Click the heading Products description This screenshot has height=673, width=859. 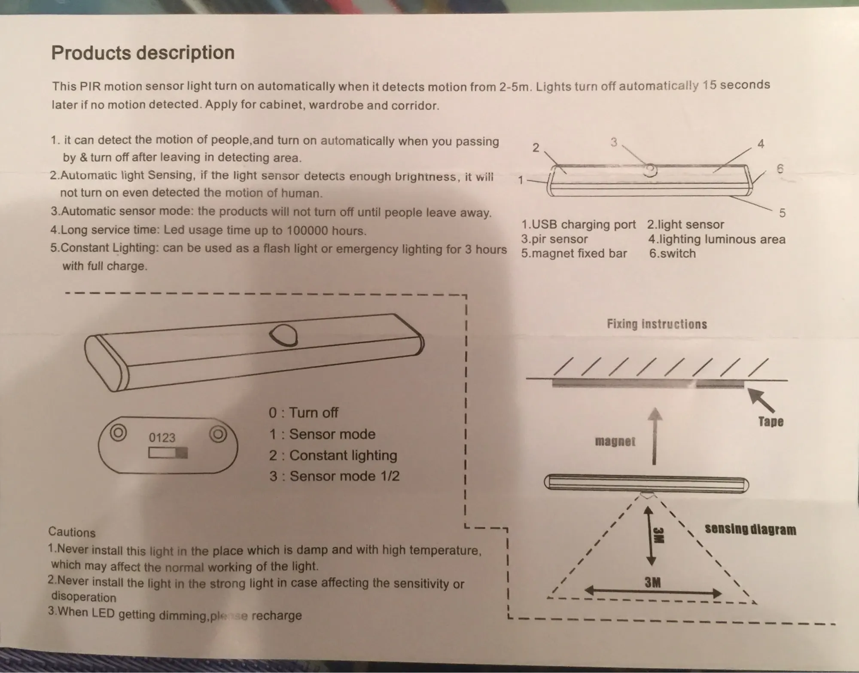[x=143, y=53]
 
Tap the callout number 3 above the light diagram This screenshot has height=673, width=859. [x=613, y=142]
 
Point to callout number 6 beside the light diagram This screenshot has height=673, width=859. [x=780, y=169]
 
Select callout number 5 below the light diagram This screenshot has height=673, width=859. [x=782, y=213]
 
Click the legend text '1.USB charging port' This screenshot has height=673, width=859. [x=578, y=225]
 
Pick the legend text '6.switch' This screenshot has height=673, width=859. [x=672, y=253]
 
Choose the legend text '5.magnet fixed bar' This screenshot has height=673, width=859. [x=574, y=253]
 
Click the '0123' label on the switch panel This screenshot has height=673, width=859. [x=162, y=438]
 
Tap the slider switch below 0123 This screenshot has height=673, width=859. [x=168, y=453]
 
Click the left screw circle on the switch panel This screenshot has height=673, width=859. [x=118, y=432]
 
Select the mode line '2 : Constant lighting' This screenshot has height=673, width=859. [x=333, y=455]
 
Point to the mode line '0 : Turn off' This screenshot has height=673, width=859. [x=303, y=413]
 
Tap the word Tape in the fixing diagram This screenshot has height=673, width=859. [x=771, y=421]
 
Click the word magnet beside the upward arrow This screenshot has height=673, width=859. [x=615, y=442]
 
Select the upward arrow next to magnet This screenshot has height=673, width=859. [x=654, y=436]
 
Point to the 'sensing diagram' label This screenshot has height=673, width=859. [x=750, y=529]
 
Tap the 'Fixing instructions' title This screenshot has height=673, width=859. [x=657, y=324]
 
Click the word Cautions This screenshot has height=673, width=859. [x=72, y=532]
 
